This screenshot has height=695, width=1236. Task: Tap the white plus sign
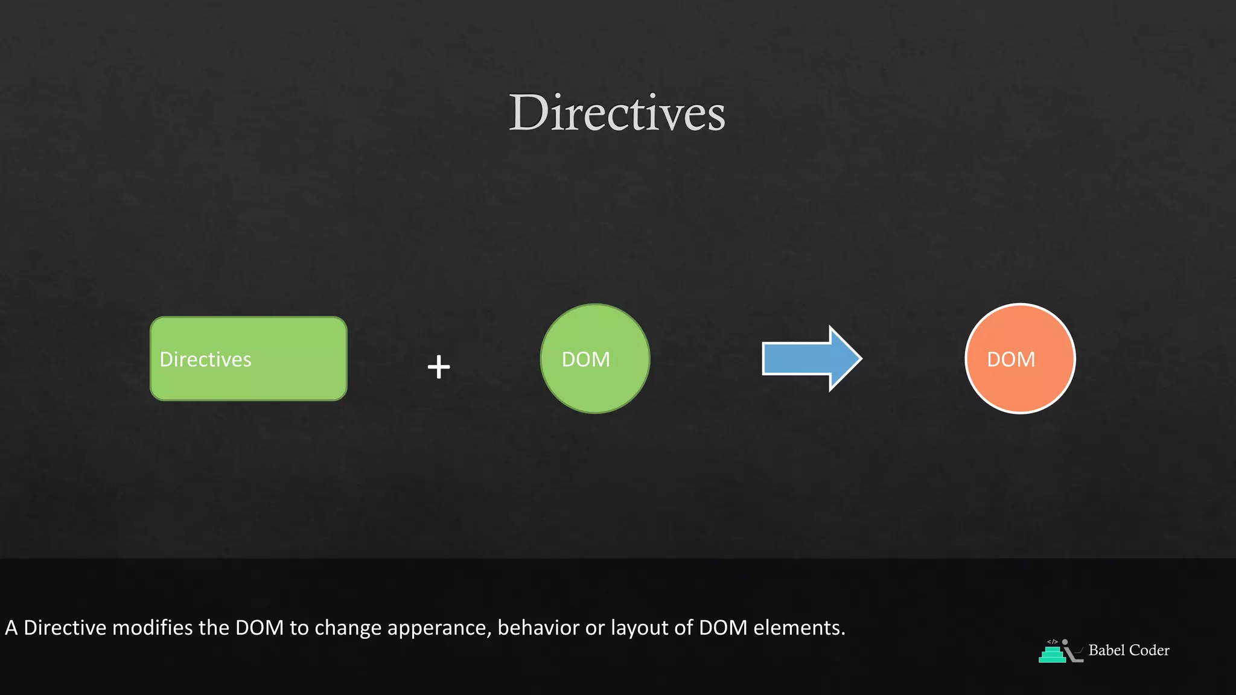coord(439,367)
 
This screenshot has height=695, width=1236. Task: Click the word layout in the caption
coord(640,629)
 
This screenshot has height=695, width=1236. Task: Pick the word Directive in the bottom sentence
coord(65,628)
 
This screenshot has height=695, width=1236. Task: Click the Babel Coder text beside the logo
coord(1129,650)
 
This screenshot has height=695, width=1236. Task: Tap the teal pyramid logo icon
coord(1053,654)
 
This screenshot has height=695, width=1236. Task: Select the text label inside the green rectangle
coord(205,360)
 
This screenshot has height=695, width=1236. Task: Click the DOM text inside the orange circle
coord(1011,360)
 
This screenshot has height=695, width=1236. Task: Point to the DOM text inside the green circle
coord(585,360)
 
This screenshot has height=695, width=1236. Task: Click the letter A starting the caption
coord(11,628)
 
